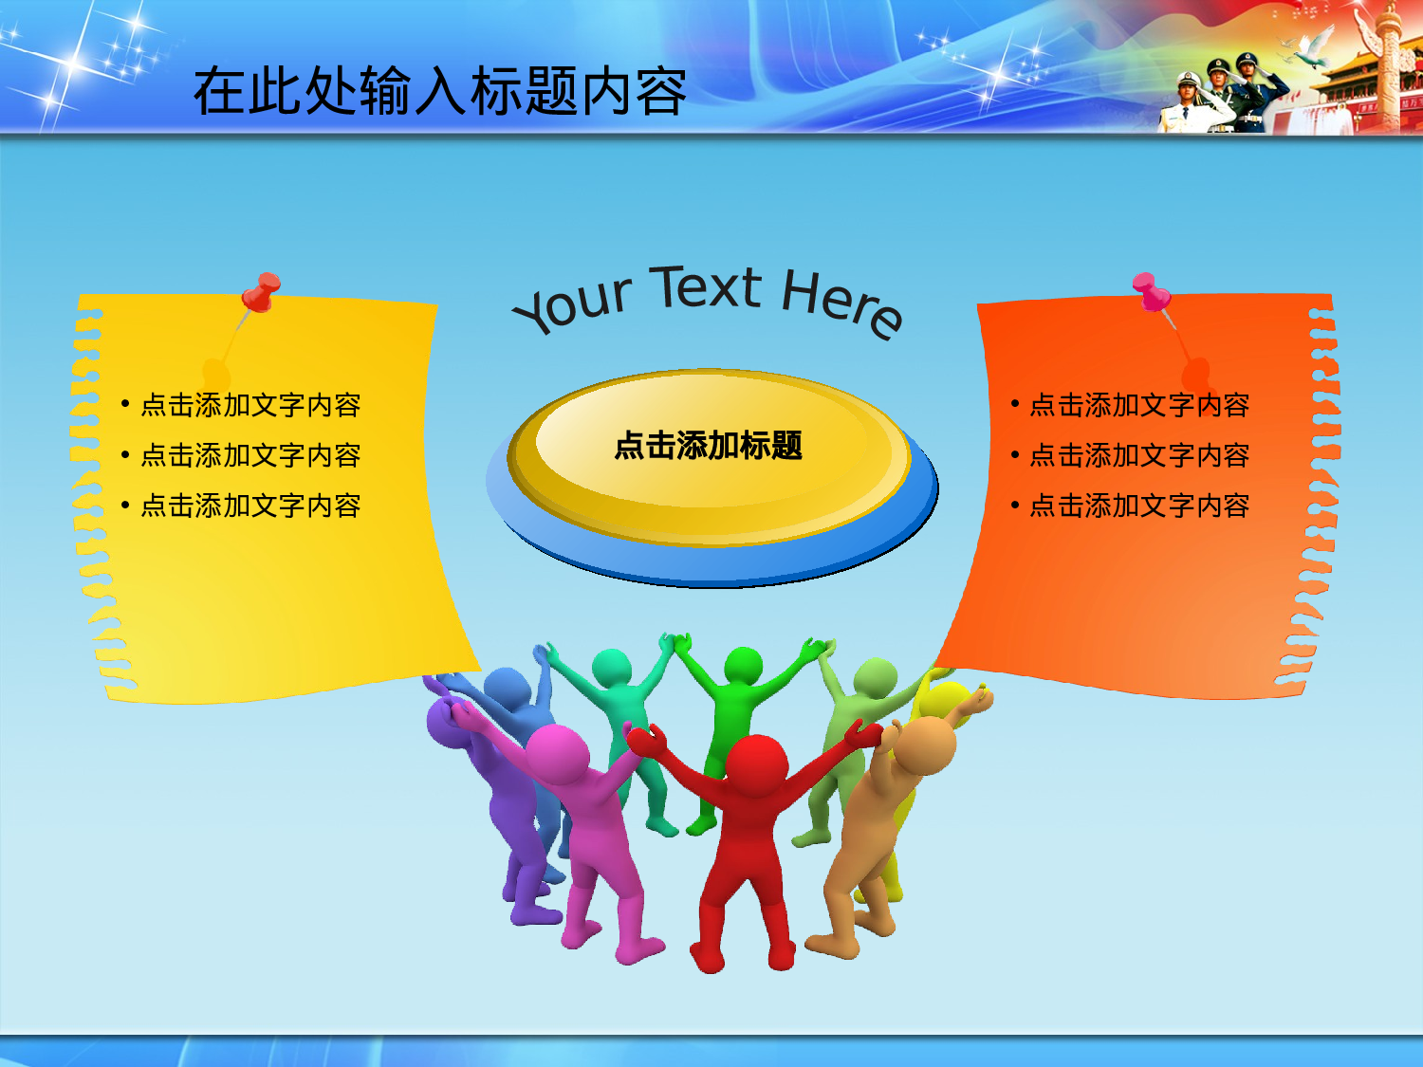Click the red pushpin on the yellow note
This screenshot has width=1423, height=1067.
261,290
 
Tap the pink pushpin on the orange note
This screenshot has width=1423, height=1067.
1149,290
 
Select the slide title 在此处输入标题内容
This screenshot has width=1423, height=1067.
439,92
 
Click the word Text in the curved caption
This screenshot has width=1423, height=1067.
708,287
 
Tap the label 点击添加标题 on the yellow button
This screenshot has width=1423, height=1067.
708,445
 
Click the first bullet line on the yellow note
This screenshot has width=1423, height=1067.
250,405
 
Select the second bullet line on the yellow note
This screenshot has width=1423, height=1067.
250,455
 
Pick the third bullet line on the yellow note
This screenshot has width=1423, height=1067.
250,506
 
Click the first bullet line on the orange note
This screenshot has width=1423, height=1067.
1139,405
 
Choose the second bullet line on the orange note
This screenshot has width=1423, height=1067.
1139,455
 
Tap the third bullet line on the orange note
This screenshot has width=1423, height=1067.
1139,506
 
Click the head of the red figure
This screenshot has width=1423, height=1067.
756,764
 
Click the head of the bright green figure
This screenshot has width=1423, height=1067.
743,667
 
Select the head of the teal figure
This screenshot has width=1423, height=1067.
612,668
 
